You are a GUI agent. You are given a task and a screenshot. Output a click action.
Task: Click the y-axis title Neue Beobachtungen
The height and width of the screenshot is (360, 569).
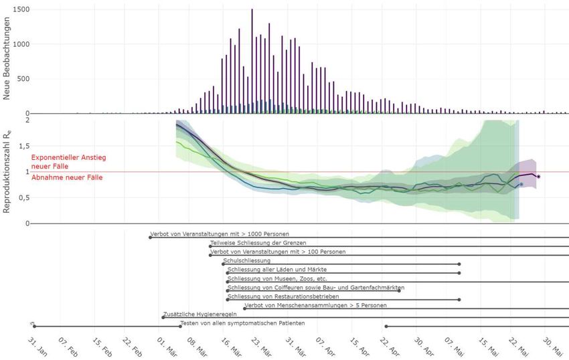click(x=7, y=59)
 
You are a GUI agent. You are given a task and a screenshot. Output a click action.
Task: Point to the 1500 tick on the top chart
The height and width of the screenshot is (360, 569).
click(x=20, y=10)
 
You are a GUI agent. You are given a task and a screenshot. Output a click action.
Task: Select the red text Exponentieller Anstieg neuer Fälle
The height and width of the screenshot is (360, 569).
click(x=69, y=161)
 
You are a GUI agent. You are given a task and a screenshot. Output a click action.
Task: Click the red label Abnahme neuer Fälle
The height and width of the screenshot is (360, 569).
click(x=66, y=177)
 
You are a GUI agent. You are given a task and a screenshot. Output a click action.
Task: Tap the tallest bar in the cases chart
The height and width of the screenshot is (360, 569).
click(x=252, y=60)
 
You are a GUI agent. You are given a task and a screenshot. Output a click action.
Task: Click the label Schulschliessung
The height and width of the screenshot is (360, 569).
click(x=246, y=260)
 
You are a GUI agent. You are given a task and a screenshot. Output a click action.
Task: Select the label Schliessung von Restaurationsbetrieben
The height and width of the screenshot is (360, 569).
click(x=283, y=296)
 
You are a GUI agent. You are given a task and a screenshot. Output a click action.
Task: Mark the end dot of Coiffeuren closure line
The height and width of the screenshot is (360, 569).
click(x=400, y=290)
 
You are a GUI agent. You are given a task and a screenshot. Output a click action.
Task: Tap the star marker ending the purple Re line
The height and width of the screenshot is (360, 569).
click(x=538, y=177)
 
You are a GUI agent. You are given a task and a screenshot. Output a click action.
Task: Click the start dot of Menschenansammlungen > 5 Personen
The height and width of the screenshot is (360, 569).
click(x=244, y=308)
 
